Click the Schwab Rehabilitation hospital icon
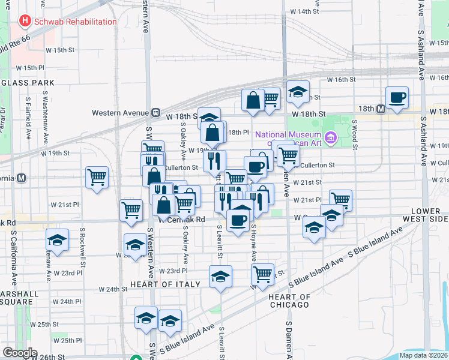25,22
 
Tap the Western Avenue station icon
155,112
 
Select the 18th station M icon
380,109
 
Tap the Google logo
20,353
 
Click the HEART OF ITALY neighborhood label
160,284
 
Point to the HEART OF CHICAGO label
289,301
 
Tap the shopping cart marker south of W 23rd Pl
262,274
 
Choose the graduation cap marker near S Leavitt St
220,277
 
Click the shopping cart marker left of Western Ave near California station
97,177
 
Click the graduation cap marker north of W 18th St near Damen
297,92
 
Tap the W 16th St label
342,79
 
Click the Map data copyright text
423,355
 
